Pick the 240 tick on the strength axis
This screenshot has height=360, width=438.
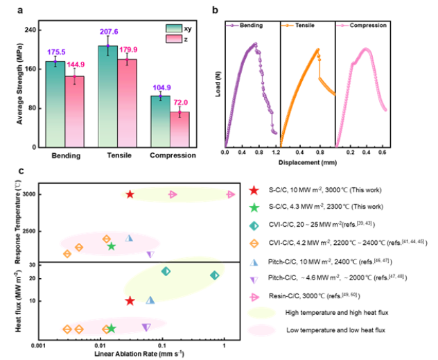32,30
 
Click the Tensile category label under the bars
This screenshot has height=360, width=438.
117,155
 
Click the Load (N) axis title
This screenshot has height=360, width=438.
218,88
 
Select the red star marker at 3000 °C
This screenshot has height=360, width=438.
129,194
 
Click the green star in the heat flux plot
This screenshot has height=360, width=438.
111,328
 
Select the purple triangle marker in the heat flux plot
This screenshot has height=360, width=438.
146,327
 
